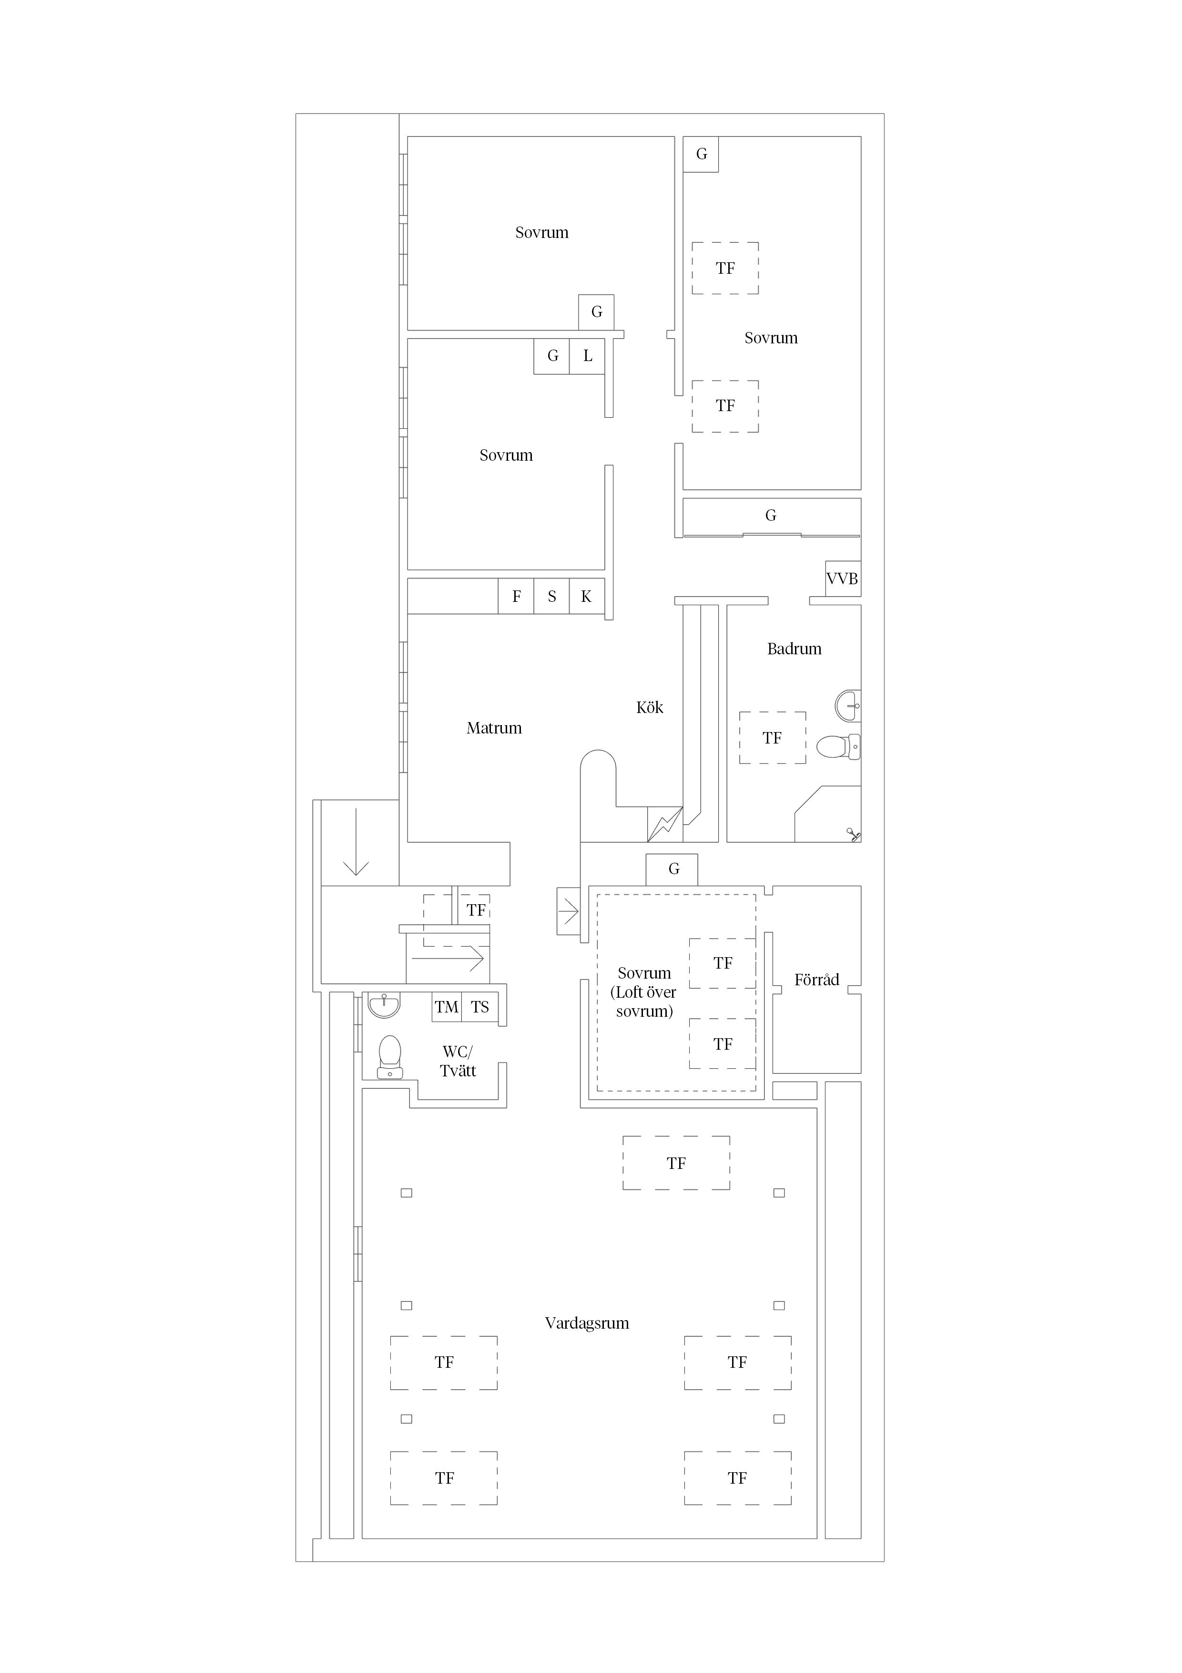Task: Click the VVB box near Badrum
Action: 843,578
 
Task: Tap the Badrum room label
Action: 794,649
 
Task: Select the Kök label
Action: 650,707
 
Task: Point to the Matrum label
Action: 494,728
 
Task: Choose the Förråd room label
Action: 816,979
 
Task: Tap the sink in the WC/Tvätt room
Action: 384,1005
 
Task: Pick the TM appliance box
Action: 447,1007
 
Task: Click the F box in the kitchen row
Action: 516,596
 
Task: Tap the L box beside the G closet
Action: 587,356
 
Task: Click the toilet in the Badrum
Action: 838,746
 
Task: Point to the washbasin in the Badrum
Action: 848,705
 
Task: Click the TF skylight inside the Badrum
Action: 773,737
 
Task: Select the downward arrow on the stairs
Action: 356,842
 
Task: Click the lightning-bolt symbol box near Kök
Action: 665,824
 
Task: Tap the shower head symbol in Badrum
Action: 853,834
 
